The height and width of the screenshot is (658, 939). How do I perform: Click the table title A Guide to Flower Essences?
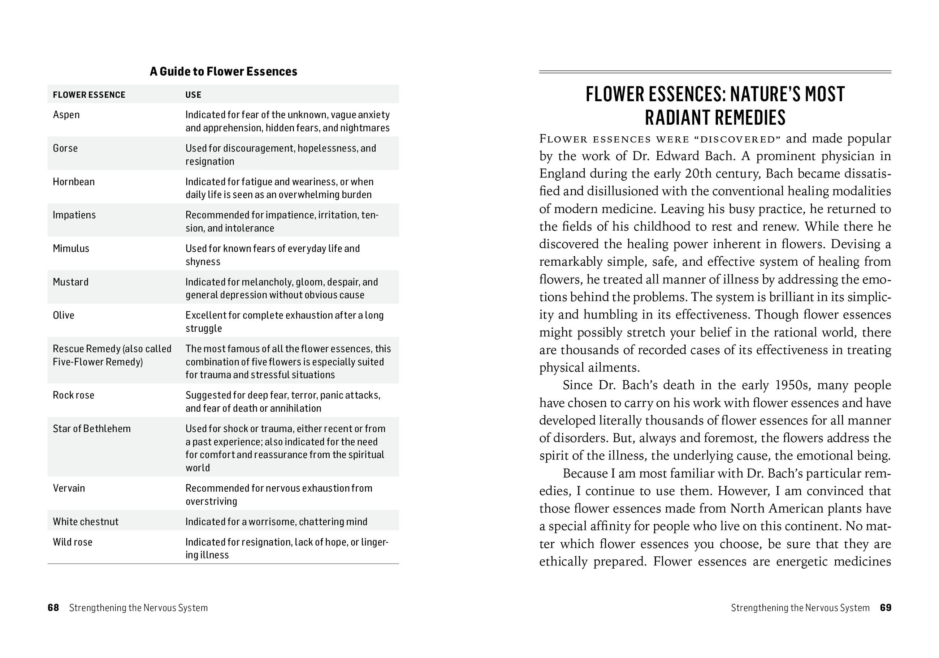pyautogui.click(x=223, y=72)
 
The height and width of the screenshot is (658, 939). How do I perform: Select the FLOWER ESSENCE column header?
pyautogui.click(x=89, y=95)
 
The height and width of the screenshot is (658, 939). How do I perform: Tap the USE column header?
pyautogui.click(x=194, y=95)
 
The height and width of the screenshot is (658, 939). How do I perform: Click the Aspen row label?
pyautogui.click(x=66, y=115)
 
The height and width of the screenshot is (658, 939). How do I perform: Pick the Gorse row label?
pyautogui.click(x=65, y=148)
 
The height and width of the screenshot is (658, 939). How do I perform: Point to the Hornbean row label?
pyautogui.click(x=74, y=182)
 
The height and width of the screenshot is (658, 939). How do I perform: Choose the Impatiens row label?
pyautogui.click(x=74, y=215)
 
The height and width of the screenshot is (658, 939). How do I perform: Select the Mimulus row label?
pyautogui.click(x=71, y=248)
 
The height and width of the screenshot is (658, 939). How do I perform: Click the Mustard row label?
pyautogui.click(x=70, y=282)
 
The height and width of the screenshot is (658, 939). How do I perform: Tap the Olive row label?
pyautogui.click(x=64, y=315)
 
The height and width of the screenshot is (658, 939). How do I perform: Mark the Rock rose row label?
pyautogui.click(x=73, y=395)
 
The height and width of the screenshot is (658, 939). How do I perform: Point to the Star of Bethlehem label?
pyautogui.click(x=92, y=429)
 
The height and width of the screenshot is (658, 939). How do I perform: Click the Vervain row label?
pyautogui.click(x=69, y=488)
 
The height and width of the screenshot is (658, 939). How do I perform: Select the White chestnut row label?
pyautogui.click(x=86, y=522)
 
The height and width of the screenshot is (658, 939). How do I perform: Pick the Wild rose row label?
pyautogui.click(x=72, y=542)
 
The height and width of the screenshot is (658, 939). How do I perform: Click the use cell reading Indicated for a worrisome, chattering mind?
pyautogui.click(x=276, y=522)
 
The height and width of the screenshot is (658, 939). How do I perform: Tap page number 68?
pyautogui.click(x=53, y=608)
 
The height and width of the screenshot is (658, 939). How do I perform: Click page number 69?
pyautogui.click(x=886, y=608)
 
